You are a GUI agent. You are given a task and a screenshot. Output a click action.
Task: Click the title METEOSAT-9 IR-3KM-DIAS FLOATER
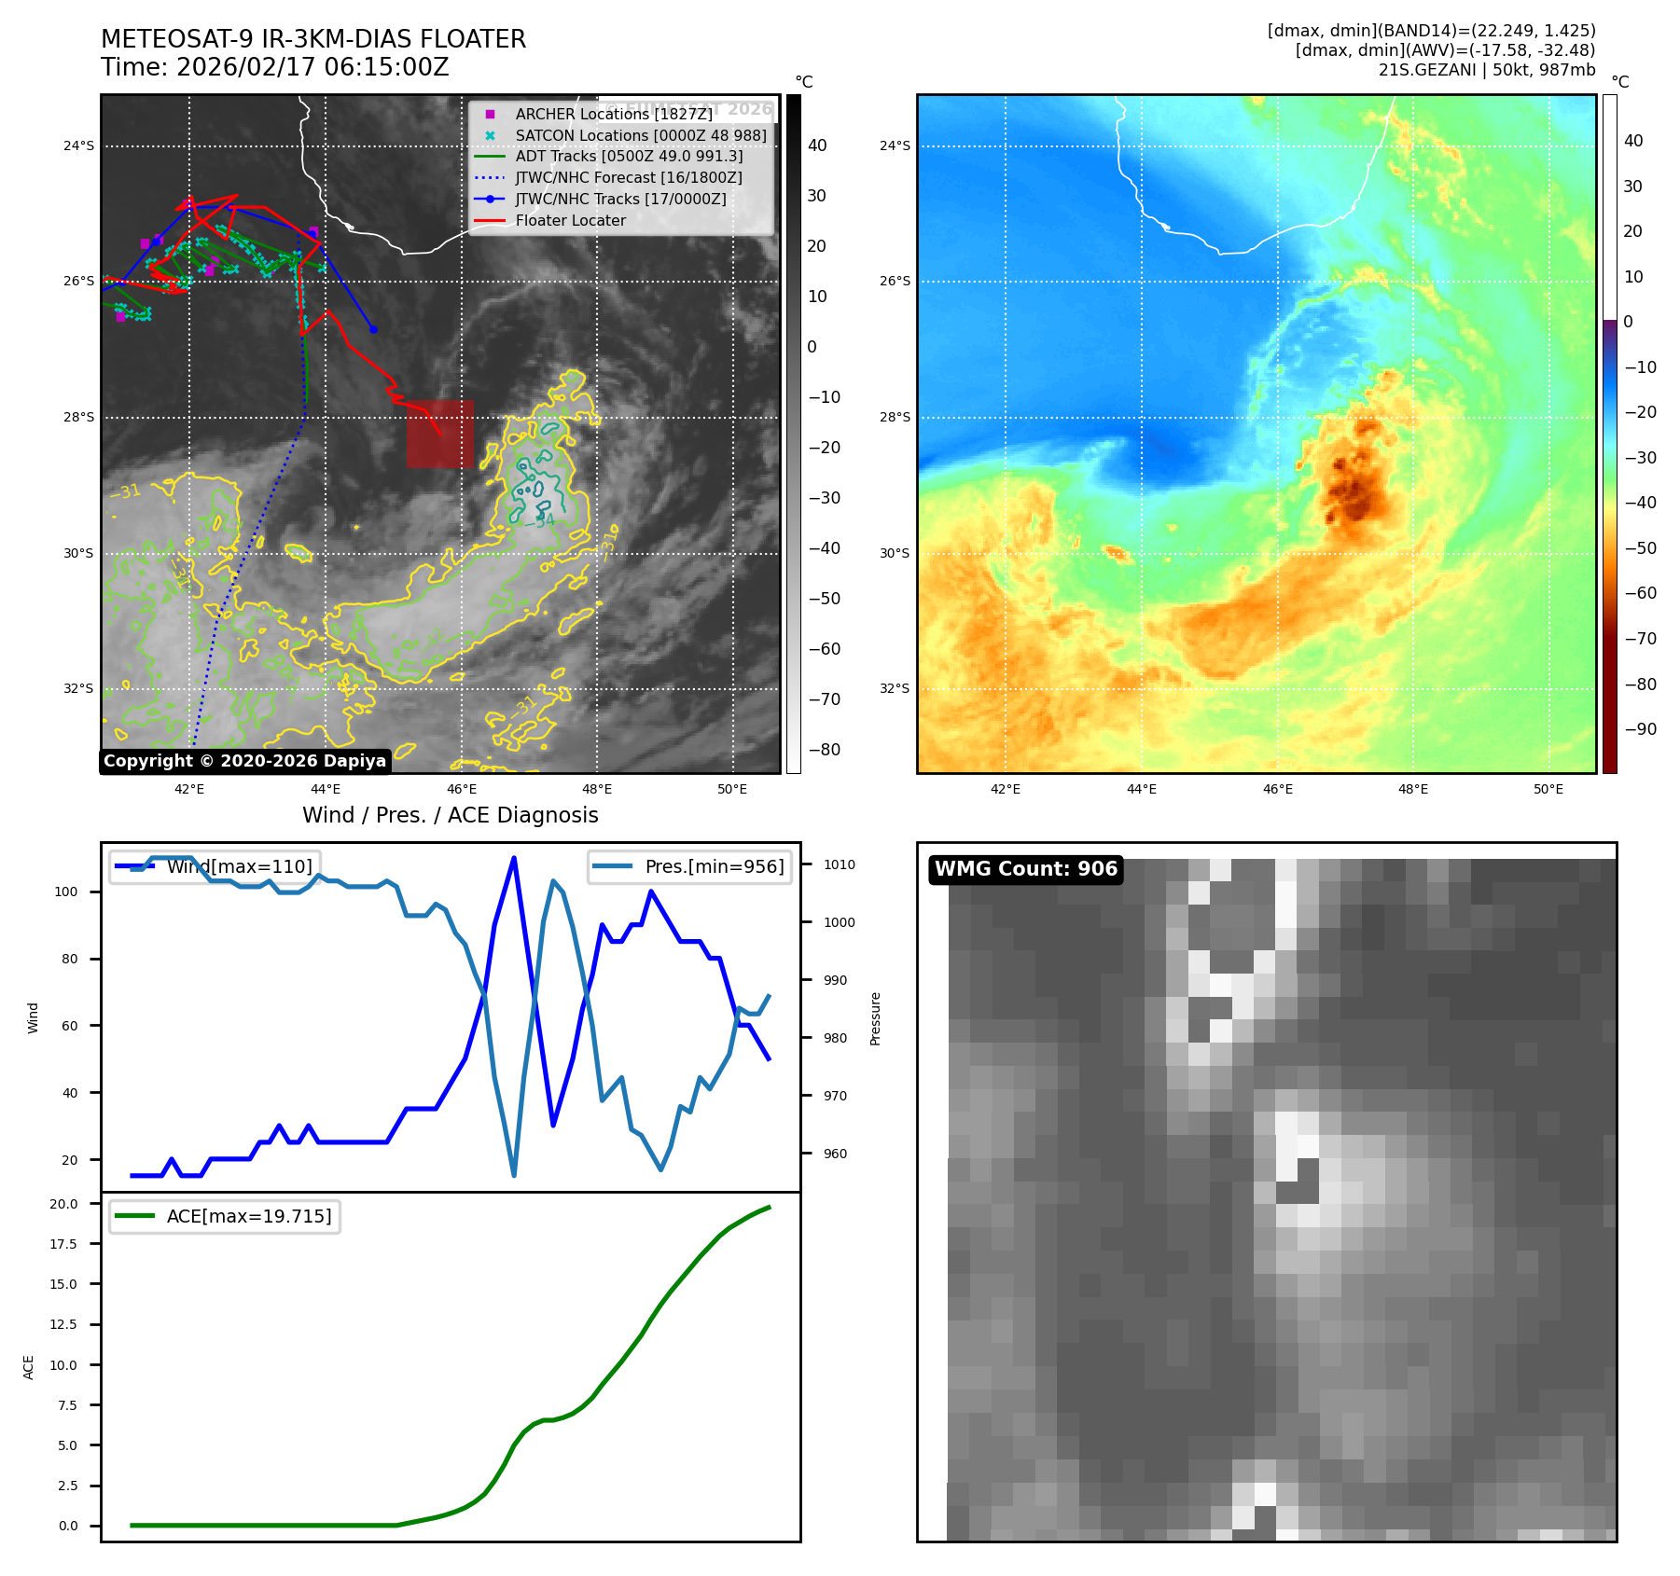click(313, 39)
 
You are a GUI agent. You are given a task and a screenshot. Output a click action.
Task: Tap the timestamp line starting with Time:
click(275, 67)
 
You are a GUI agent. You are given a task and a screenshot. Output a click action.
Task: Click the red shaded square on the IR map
click(439, 434)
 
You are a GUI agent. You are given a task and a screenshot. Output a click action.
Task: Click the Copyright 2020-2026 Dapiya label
click(244, 761)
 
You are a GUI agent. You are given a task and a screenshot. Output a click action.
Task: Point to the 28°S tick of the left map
click(78, 417)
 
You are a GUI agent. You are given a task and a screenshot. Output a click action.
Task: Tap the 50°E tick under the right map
click(1548, 789)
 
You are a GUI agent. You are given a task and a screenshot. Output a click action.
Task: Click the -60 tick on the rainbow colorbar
click(1640, 593)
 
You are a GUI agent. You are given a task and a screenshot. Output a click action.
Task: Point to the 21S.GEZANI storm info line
click(1486, 70)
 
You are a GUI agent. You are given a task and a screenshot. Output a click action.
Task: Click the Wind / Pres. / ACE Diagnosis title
click(451, 815)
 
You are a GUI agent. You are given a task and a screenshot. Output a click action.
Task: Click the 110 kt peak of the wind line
click(514, 858)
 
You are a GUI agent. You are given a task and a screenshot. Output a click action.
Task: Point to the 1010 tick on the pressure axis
click(839, 864)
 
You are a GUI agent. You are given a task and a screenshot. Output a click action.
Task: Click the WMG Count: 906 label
click(1025, 869)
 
